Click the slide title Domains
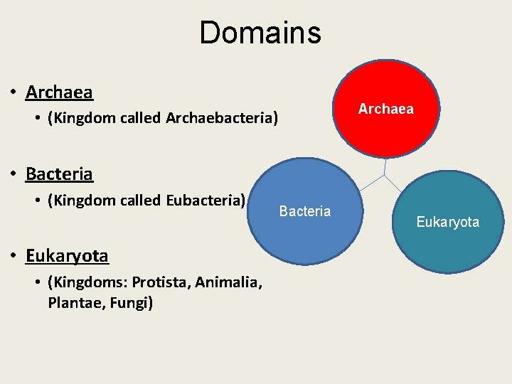[260, 33]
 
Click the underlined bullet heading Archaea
[59, 92]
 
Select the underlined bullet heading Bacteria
[59, 174]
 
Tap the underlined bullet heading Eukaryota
[67, 255]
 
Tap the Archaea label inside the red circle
[385, 109]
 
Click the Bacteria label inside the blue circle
[305, 211]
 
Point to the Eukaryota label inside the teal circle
[448, 223]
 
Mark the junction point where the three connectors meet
[384, 174]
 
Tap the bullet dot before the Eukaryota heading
[14, 256]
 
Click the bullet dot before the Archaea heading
[14, 93]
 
